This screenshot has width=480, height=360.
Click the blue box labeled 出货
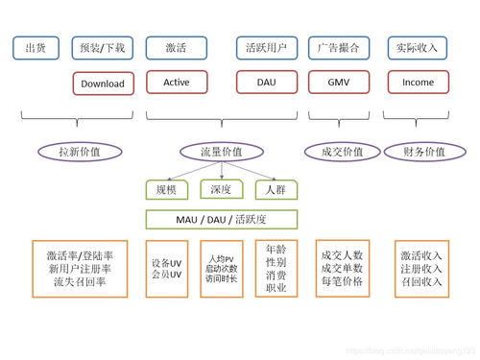coord(36,48)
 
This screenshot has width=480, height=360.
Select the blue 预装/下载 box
coord(103,48)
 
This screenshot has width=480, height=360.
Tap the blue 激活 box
coord(176,48)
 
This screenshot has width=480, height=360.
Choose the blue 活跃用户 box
coord(267,48)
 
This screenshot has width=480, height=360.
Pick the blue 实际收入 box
coord(418,48)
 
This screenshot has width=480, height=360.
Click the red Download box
coord(103,84)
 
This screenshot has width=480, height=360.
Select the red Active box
coord(176,83)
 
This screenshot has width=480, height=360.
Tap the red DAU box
coord(267,83)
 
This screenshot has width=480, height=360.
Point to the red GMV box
coord(339,83)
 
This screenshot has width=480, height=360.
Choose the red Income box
coord(418,83)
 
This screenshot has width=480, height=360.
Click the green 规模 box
coord(166,190)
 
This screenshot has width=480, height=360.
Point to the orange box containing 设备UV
coord(166,269)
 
